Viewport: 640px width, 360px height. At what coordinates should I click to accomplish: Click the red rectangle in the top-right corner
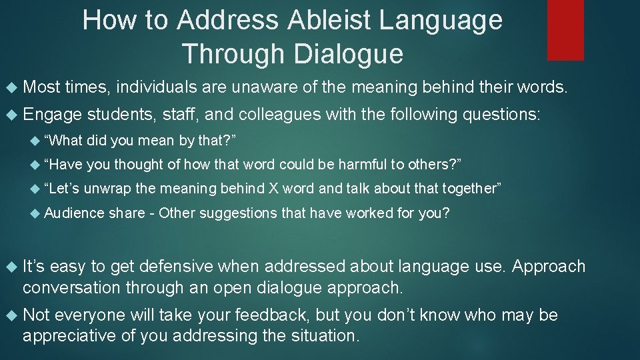[x=565, y=30]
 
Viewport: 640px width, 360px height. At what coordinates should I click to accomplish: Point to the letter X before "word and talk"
[x=273, y=189]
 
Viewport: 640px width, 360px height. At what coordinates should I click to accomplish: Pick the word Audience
[x=73, y=213]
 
